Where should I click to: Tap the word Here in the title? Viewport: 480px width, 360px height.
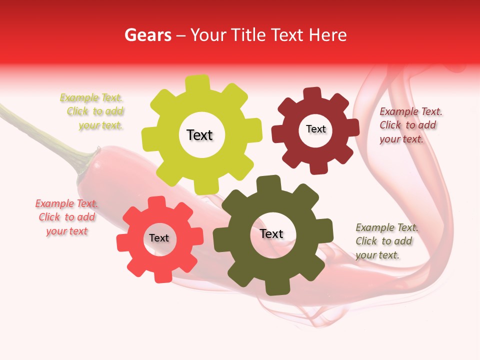[x=328, y=35]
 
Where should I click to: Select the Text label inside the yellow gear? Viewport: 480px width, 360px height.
[x=199, y=135]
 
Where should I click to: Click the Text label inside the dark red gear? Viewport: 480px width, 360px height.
[x=315, y=129]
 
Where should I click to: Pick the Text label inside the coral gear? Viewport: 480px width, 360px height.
[x=159, y=238]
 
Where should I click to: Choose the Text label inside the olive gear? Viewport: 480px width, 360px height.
[x=271, y=233]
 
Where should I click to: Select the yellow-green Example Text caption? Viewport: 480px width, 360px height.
[x=93, y=111]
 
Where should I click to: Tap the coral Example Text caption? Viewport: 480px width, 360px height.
[x=66, y=217]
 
